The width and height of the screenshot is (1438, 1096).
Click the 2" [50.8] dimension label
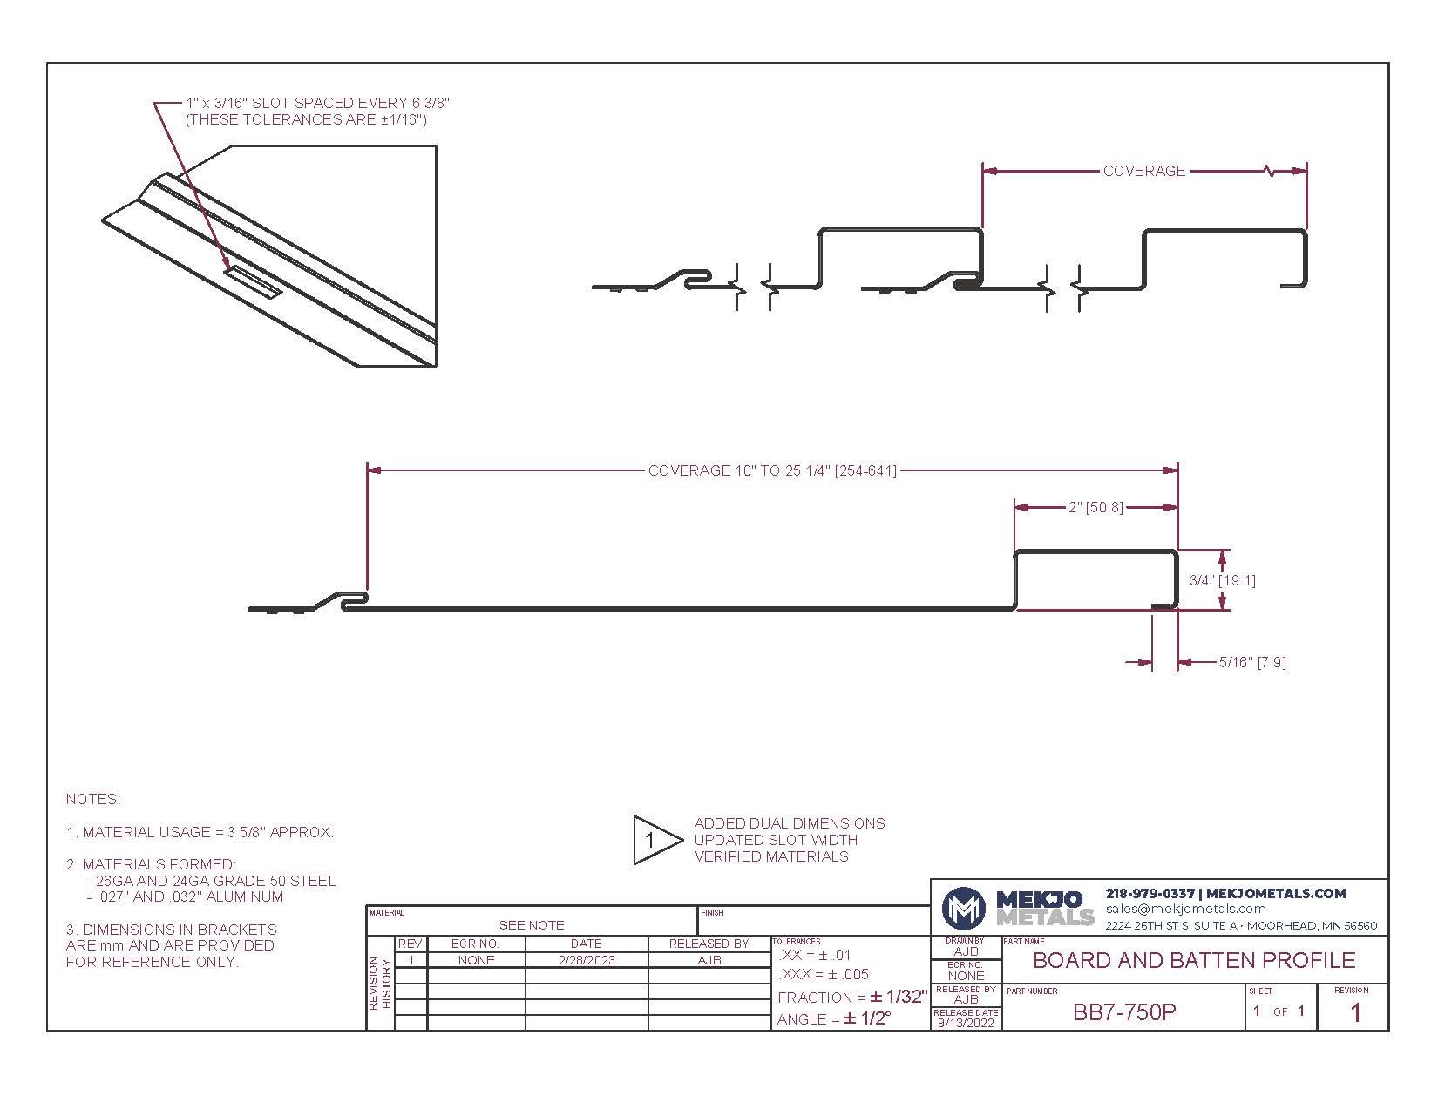(1095, 507)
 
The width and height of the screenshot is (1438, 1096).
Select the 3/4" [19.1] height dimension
(1223, 580)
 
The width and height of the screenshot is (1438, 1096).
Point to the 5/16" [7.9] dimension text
(1252, 662)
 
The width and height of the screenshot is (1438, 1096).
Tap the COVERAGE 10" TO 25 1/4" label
(772, 470)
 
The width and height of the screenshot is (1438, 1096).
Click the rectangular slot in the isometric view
(253, 282)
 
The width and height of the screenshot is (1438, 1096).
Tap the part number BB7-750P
(1124, 1012)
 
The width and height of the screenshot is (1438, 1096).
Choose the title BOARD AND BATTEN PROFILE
(1194, 960)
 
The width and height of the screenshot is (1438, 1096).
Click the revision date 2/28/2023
(587, 960)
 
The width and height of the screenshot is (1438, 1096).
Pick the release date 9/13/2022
(966, 1023)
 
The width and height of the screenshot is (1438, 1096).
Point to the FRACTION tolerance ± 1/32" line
(852, 998)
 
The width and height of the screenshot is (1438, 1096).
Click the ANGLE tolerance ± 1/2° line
(833, 1018)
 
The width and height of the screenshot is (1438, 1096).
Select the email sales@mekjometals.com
(1186, 909)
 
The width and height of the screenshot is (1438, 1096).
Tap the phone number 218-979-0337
(1150, 894)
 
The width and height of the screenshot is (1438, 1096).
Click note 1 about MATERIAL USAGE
(200, 832)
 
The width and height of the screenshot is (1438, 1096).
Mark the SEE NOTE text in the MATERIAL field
(532, 925)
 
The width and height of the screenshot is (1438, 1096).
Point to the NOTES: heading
(93, 800)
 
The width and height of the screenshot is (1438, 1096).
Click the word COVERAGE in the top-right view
(1143, 171)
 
